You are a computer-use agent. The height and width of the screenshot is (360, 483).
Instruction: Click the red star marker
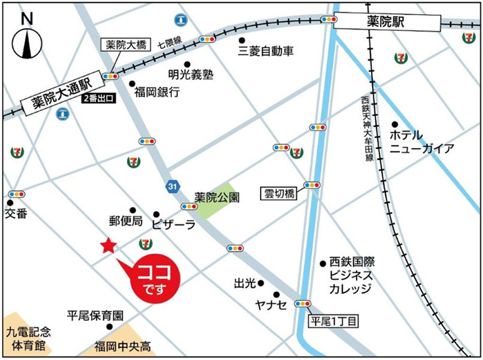[108, 246]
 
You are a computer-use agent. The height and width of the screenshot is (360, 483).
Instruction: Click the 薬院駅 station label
[385, 22]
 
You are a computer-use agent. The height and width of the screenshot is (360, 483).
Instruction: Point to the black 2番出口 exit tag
[99, 99]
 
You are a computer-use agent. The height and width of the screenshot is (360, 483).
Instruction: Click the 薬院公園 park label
[217, 197]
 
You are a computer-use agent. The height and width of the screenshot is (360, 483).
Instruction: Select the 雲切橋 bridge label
[279, 193]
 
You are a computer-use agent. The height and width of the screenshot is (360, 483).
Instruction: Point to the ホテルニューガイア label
[422, 141]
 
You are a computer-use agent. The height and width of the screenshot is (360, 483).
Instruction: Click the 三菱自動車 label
[266, 51]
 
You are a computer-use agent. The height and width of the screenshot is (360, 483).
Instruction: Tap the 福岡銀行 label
[157, 91]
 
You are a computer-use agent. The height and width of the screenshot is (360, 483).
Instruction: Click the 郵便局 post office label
[125, 221]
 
